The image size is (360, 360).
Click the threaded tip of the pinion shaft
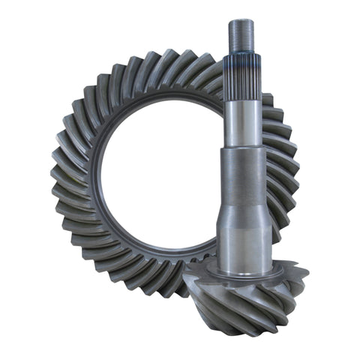point(241,34)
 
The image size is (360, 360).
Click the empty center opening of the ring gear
point(157,180)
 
